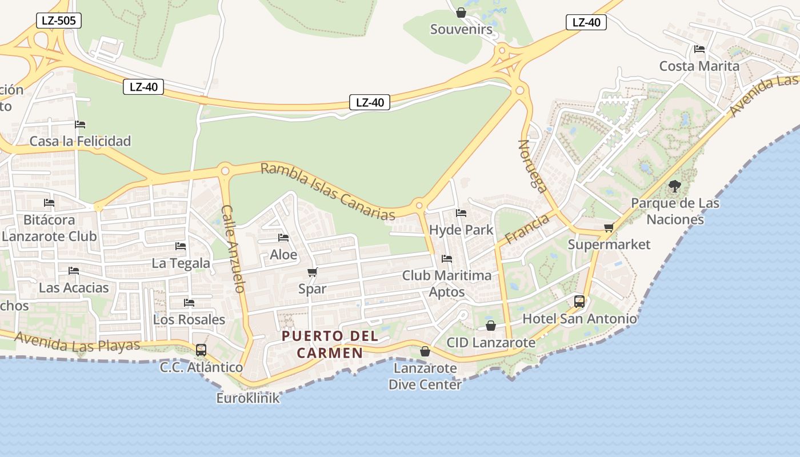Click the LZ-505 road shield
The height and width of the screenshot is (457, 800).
click(x=58, y=21)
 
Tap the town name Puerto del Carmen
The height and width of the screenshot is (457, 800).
click(x=330, y=344)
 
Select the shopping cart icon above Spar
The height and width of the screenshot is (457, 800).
click(x=312, y=272)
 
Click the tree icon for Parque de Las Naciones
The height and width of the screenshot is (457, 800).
click(x=675, y=186)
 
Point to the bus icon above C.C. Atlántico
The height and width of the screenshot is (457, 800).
click(x=201, y=350)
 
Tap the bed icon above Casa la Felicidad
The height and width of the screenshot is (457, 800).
click(x=80, y=125)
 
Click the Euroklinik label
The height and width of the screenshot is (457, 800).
click(x=248, y=398)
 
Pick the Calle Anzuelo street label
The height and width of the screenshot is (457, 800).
click(x=233, y=248)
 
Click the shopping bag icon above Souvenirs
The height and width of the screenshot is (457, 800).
click(x=461, y=13)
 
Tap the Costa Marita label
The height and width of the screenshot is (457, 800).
click(x=699, y=66)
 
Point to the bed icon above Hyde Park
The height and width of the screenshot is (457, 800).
click(x=461, y=214)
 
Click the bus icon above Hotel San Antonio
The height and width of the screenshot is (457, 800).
click(x=579, y=302)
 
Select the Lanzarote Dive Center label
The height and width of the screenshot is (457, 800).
click(x=425, y=376)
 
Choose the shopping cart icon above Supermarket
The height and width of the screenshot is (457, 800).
click(x=609, y=228)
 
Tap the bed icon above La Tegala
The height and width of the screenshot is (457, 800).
click(x=181, y=246)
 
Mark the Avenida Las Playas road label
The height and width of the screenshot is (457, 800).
click(x=77, y=342)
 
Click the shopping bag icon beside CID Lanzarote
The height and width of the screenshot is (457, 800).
click(x=491, y=326)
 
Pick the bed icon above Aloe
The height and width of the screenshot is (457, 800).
click(x=283, y=238)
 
